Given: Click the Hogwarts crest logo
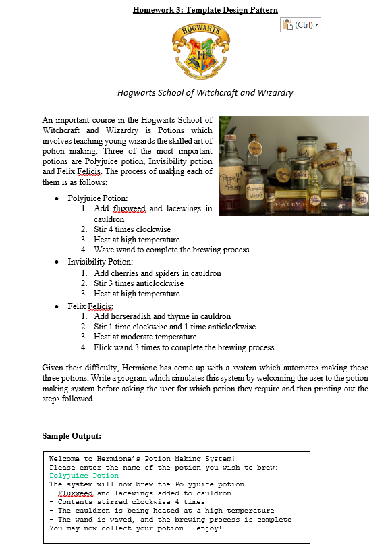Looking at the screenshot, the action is pyautogui.click(x=200, y=51).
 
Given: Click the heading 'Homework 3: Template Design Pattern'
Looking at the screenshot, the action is pyautogui.click(x=205, y=9).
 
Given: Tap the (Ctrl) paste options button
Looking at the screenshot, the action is pyautogui.click(x=300, y=24).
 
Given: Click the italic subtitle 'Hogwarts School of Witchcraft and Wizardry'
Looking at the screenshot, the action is pyautogui.click(x=205, y=92).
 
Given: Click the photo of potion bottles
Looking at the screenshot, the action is pyautogui.click(x=294, y=165).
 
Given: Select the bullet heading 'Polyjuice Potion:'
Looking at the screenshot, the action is pyautogui.click(x=97, y=199).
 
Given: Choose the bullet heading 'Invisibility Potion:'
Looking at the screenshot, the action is pyautogui.click(x=100, y=262).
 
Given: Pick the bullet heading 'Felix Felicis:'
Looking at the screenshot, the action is pyautogui.click(x=90, y=306).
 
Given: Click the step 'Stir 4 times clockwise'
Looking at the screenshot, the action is pyautogui.click(x=132, y=229).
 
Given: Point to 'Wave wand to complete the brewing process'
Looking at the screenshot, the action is pyautogui.click(x=171, y=250).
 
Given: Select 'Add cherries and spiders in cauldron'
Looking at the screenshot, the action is pyautogui.click(x=157, y=273).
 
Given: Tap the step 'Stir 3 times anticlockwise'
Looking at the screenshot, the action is pyautogui.click(x=138, y=283).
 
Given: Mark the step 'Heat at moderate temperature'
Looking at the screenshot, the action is pyautogui.click(x=145, y=337).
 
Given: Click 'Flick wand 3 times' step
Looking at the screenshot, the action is pyautogui.click(x=184, y=347).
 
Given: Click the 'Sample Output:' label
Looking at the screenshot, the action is pyautogui.click(x=72, y=435).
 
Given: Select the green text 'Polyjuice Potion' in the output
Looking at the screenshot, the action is pyautogui.click(x=84, y=476).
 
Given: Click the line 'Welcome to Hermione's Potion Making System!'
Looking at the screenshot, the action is pyautogui.click(x=142, y=458).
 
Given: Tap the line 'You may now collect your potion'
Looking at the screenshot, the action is pyautogui.click(x=135, y=528).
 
